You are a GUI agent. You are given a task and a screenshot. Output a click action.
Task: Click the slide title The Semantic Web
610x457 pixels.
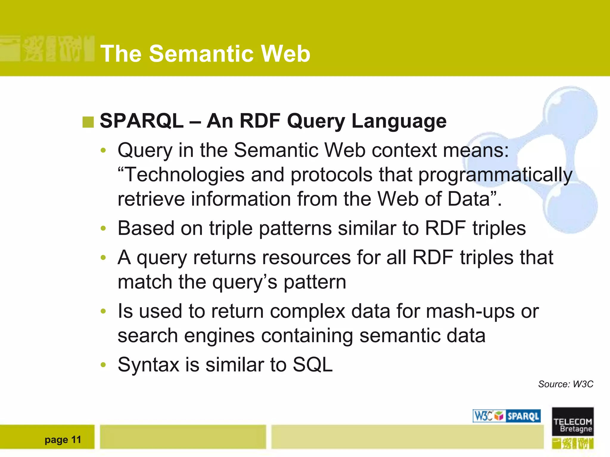point(205,54)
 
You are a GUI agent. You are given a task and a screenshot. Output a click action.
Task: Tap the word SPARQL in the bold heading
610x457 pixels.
point(141,121)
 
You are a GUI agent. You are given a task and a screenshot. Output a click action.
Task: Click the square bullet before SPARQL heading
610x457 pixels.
point(88,122)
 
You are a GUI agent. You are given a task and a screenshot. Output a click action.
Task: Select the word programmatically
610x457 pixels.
point(495,175)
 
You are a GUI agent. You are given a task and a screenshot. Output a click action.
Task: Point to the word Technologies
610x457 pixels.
point(184,175)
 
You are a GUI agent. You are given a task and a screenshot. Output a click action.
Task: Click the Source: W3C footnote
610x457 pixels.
point(565,384)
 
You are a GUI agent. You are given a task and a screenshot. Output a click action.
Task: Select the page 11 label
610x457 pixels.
point(63,439)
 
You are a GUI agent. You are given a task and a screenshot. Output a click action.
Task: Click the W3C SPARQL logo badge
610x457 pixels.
point(507,416)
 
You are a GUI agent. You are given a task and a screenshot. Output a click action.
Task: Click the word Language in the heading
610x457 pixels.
point(399,121)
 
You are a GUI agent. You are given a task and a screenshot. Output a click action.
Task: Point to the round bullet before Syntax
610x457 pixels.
point(103,365)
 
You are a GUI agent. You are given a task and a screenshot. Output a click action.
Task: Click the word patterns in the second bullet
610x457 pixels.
point(295,228)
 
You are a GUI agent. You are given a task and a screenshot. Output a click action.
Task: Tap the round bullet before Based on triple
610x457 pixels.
point(103,228)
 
